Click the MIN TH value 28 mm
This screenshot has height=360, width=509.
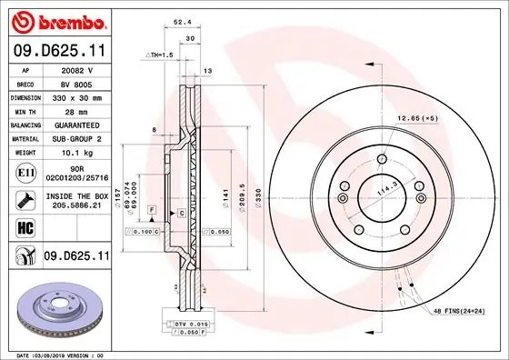75,108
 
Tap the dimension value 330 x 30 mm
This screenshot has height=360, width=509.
75,94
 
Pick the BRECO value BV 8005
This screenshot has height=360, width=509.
75,80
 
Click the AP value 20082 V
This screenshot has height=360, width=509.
75,66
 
